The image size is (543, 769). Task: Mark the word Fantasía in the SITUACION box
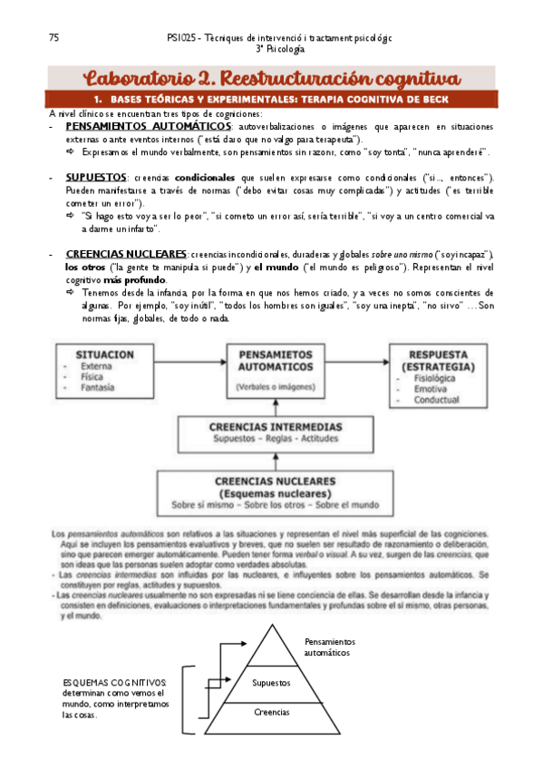click(98, 388)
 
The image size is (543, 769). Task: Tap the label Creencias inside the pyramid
click(271, 713)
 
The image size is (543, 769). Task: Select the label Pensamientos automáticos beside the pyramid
click(331, 647)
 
